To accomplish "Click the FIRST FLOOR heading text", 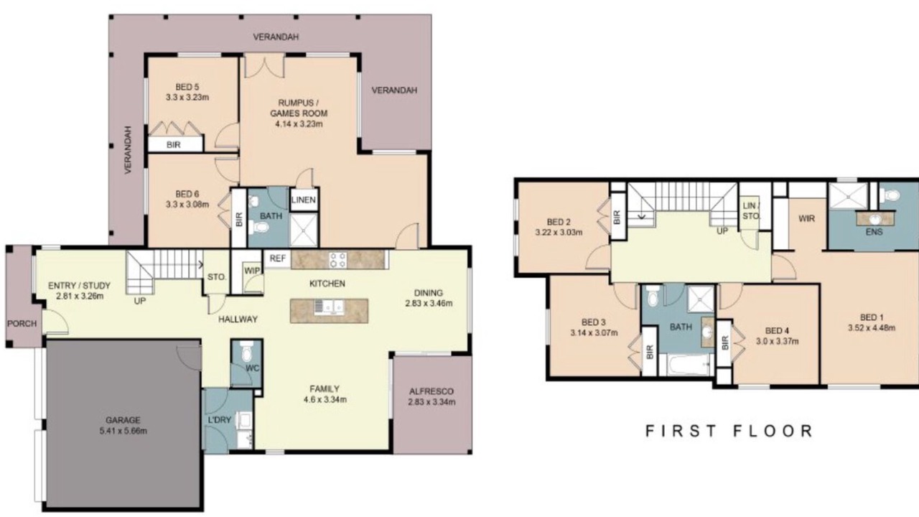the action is [729, 431].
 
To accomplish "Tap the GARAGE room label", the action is [123, 420].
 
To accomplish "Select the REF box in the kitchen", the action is [277, 258].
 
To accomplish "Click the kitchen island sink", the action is [328, 307].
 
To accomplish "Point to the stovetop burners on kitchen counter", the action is [337, 260].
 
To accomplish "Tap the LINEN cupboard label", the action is [304, 200].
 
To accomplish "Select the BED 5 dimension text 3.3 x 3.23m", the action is [187, 98].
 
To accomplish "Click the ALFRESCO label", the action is [431, 391].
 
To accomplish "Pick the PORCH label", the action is [22, 324].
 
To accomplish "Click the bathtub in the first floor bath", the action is [685, 365].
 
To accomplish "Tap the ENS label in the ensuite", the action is [874, 232].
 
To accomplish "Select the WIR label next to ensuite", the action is [806, 219].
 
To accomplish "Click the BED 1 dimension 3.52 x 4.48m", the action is [872, 328].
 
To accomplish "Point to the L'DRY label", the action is [220, 420].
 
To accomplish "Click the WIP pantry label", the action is [252, 271].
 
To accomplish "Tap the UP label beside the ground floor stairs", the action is [140, 301].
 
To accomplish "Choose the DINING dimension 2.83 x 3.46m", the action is [429, 304].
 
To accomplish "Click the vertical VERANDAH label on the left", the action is [129, 150].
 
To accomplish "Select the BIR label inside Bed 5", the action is [174, 145].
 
